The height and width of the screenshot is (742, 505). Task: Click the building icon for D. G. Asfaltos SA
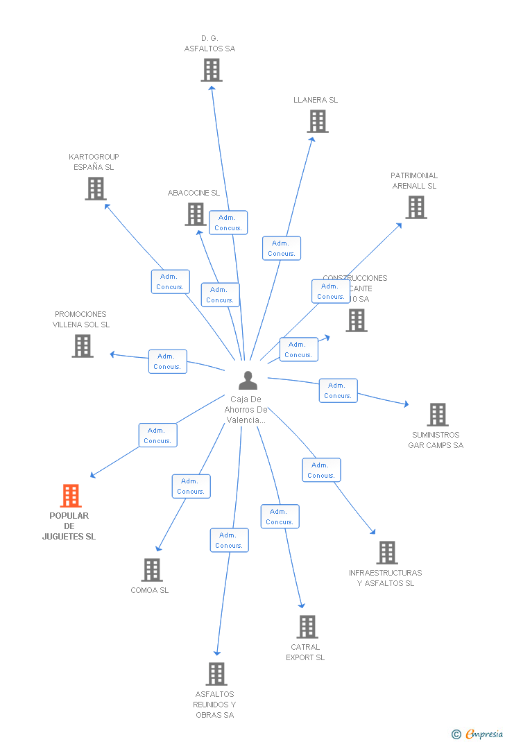[212, 70]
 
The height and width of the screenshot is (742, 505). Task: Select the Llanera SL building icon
[318, 121]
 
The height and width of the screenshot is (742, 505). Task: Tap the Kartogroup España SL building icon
[96, 189]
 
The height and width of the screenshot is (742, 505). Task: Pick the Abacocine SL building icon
[196, 214]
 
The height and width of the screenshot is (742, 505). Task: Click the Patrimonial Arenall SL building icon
[416, 207]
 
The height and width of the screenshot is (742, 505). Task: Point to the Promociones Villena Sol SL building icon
[83, 346]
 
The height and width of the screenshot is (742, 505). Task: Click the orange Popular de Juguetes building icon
[71, 496]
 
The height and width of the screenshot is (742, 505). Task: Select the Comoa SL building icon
[152, 570]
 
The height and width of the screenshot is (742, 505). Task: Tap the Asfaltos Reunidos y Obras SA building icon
[216, 674]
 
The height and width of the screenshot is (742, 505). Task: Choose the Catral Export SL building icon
[307, 627]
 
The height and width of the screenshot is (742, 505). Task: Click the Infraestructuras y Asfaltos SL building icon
[387, 553]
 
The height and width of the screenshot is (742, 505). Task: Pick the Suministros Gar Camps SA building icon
[438, 415]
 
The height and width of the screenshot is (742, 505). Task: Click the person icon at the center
[248, 380]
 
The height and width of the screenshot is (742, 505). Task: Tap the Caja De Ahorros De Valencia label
[246, 409]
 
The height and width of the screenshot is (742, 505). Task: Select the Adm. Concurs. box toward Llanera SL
[282, 248]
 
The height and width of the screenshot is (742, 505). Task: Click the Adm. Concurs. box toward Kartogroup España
[170, 282]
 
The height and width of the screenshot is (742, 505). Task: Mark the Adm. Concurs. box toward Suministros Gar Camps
[338, 390]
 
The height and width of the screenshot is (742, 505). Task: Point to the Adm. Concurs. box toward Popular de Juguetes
[157, 435]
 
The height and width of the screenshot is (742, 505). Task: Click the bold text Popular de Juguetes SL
[69, 526]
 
